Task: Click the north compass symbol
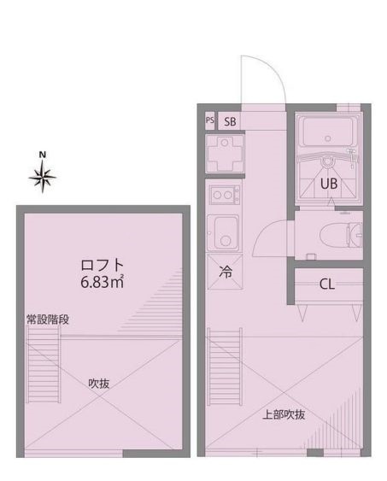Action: click(44, 177)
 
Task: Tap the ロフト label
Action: click(103, 264)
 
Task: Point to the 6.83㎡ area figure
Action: click(103, 282)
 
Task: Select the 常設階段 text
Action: click(46, 320)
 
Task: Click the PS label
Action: click(209, 120)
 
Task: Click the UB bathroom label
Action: click(330, 182)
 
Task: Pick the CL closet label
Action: click(326, 284)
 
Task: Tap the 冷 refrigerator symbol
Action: click(226, 274)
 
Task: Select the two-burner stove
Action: click(222, 197)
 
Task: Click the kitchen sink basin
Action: click(226, 231)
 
